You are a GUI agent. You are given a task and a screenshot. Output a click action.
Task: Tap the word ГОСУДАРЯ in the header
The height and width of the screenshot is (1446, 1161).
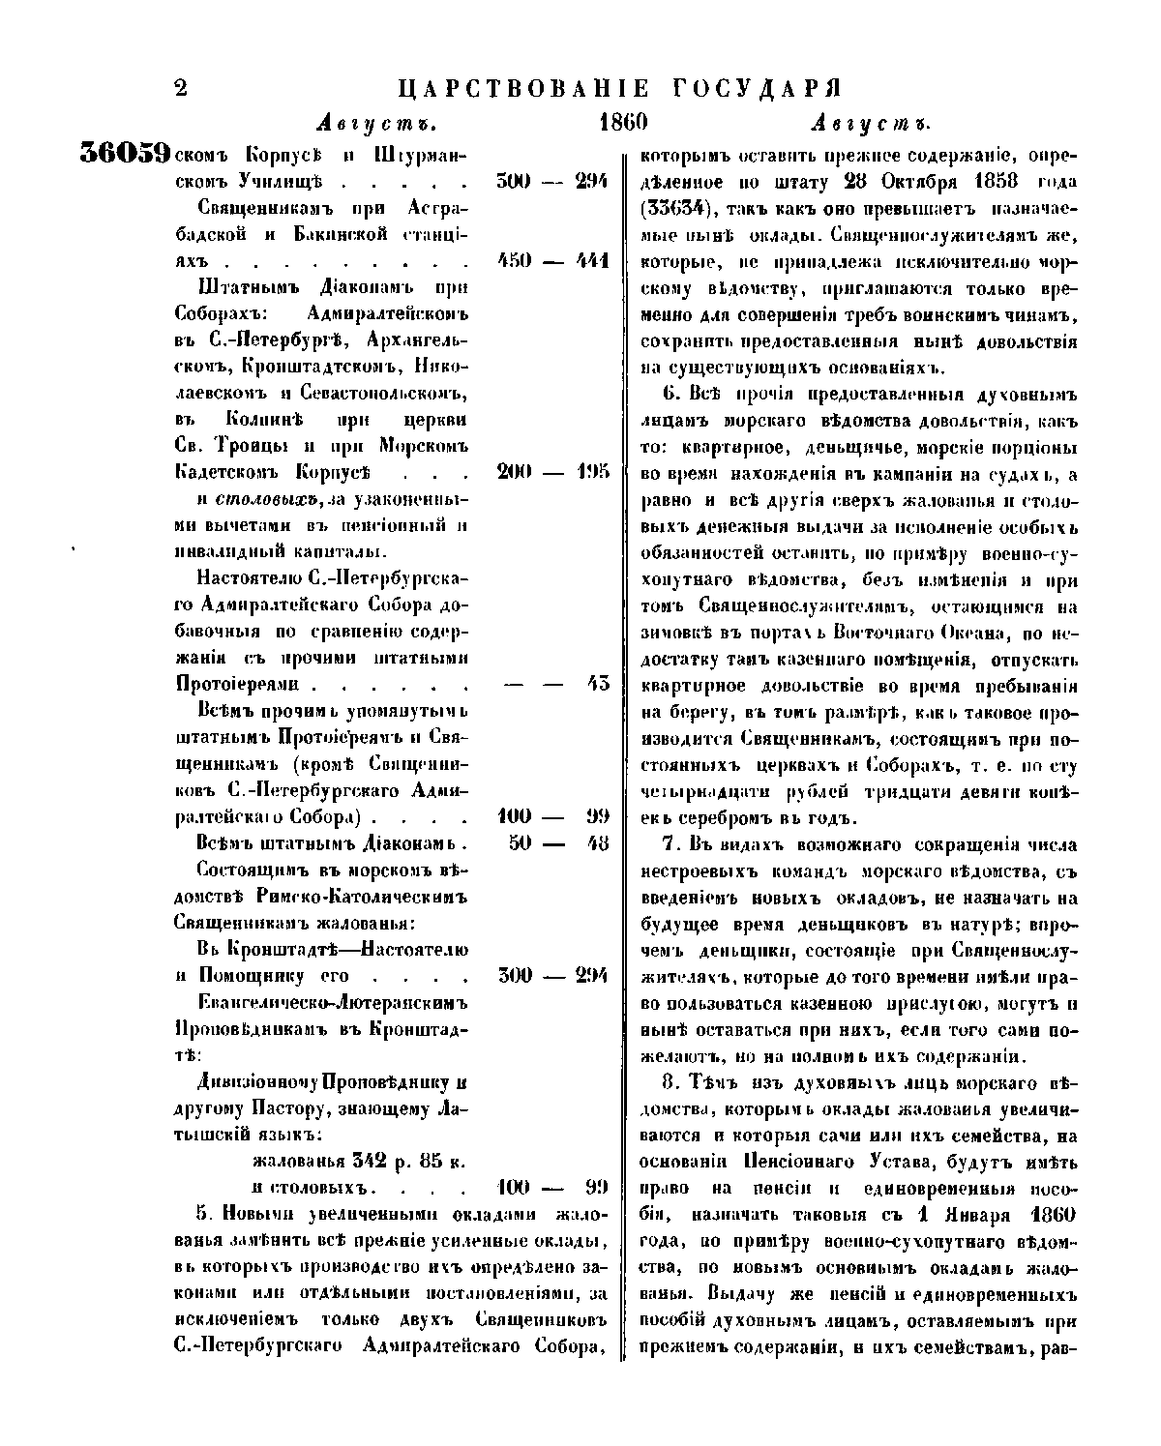click(x=756, y=89)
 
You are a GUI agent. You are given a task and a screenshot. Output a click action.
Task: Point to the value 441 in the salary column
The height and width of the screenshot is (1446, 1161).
click(x=590, y=261)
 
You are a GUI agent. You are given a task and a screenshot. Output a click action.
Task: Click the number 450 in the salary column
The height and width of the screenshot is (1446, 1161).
click(x=515, y=261)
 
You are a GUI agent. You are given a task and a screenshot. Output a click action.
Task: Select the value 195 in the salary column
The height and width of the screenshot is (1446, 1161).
click(x=590, y=472)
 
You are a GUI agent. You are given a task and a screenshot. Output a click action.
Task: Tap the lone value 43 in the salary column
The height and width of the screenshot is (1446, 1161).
click(x=597, y=683)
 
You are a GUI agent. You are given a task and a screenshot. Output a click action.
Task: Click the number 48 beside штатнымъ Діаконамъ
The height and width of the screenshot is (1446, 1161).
click(x=597, y=841)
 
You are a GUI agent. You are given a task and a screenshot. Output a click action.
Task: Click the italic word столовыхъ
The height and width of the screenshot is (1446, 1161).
click(x=254, y=499)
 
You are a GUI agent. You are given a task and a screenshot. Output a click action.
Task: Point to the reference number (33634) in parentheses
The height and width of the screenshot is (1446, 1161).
click(x=688, y=209)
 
